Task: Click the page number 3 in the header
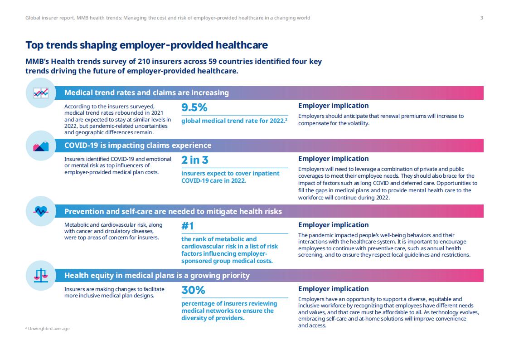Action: pyautogui.click(x=482, y=18)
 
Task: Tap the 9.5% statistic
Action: pyautogui.click(x=194, y=107)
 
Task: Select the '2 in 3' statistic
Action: pyautogui.click(x=195, y=160)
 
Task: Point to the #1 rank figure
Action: pyautogui.click(x=188, y=226)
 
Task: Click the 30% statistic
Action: pyautogui.click(x=193, y=290)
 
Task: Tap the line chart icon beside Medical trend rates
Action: pyautogui.click(x=41, y=93)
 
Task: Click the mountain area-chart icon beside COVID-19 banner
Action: pyautogui.click(x=41, y=146)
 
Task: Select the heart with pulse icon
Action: pyautogui.click(x=41, y=211)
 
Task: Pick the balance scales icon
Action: pyautogui.click(x=41, y=276)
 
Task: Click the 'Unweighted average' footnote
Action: pyautogui.click(x=48, y=329)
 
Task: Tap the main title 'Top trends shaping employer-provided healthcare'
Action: pyautogui.click(x=147, y=45)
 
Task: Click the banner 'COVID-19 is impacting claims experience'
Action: pyautogui.click(x=138, y=146)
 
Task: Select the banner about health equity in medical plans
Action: pyautogui.click(x=157, y=276)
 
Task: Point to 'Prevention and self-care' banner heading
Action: pyautogui.click(x=173, y=211)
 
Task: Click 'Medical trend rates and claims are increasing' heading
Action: pyautogui.click(x=146, y=93)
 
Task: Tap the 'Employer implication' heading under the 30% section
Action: pyautogui.click(x=334, y=289)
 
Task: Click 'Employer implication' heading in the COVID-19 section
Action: pyautogui.click(x=334, y=159)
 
